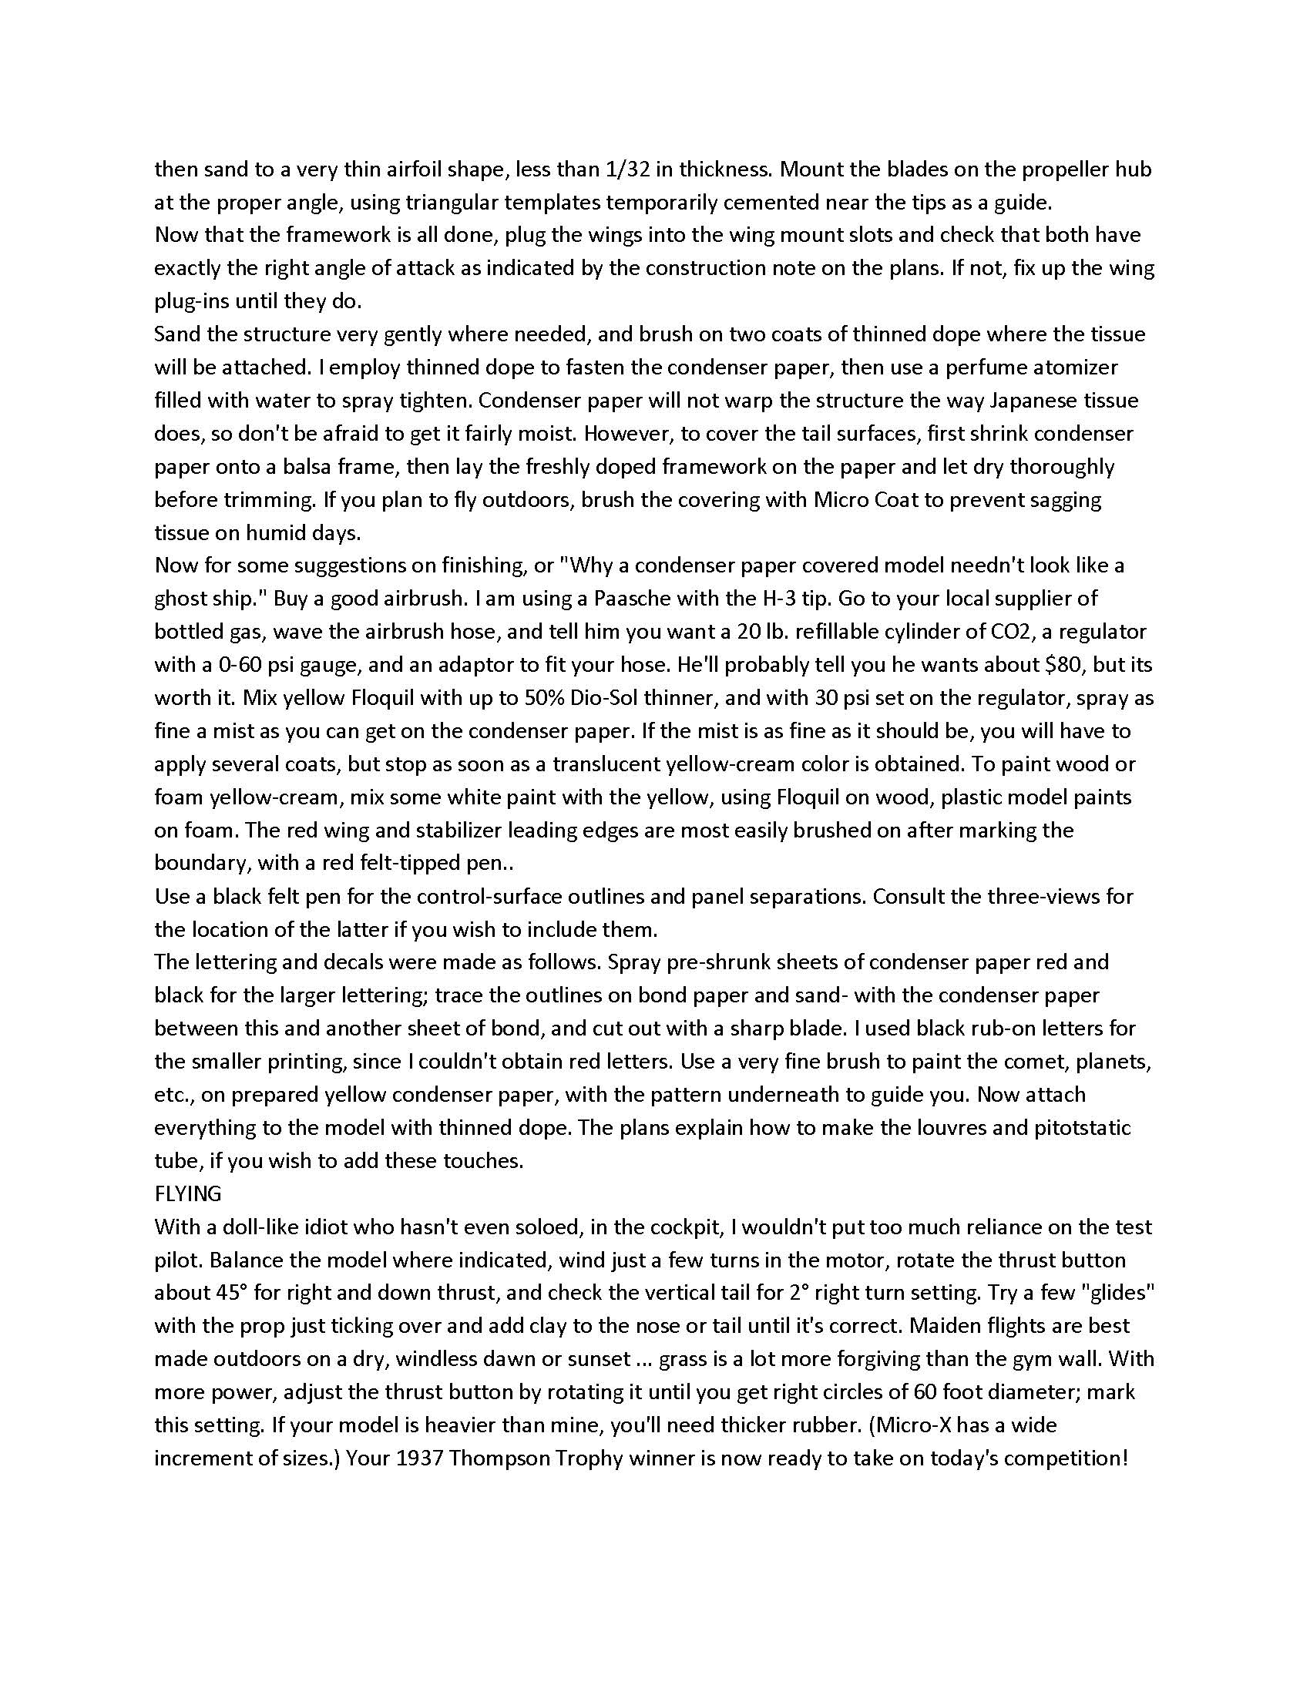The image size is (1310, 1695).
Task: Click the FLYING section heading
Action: pos(188,1193)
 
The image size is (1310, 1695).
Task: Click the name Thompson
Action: pos(495,1458)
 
